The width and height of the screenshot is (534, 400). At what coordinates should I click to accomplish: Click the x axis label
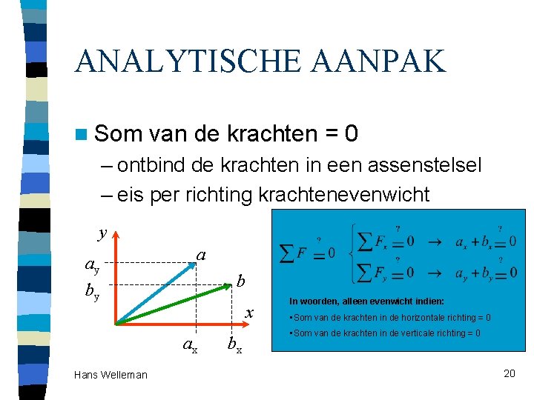coord(250,313)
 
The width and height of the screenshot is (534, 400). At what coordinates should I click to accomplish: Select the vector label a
coord(200,256)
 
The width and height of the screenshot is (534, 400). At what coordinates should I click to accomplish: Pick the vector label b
coord(240,281)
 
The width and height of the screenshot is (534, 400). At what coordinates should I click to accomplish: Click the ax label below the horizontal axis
coord(191,344)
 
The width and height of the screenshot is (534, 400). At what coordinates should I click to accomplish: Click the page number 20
coord(509,373)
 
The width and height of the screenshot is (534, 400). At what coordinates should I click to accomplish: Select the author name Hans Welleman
coord(111,375)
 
